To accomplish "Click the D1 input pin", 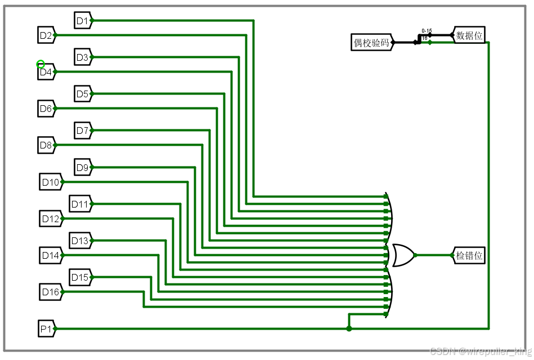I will [83, 21].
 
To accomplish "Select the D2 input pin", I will [46, 35].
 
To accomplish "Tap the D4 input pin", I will [46, 72].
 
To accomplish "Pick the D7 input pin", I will [83, 131].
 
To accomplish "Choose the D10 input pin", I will [51, 182].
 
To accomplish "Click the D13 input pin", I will [80, 241].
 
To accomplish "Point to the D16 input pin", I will [50, 292].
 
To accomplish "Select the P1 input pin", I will [46, 328].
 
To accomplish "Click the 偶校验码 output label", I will [371, 42].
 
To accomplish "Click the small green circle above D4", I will [41, 64].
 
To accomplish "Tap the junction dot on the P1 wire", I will [349, 328].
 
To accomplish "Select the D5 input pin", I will [83, 94].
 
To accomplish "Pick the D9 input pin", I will [83, 167].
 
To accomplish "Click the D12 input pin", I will [51, 218].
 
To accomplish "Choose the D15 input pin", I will [80, 277].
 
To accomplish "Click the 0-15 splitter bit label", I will [427, 31].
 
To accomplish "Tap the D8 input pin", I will [46, 146].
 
